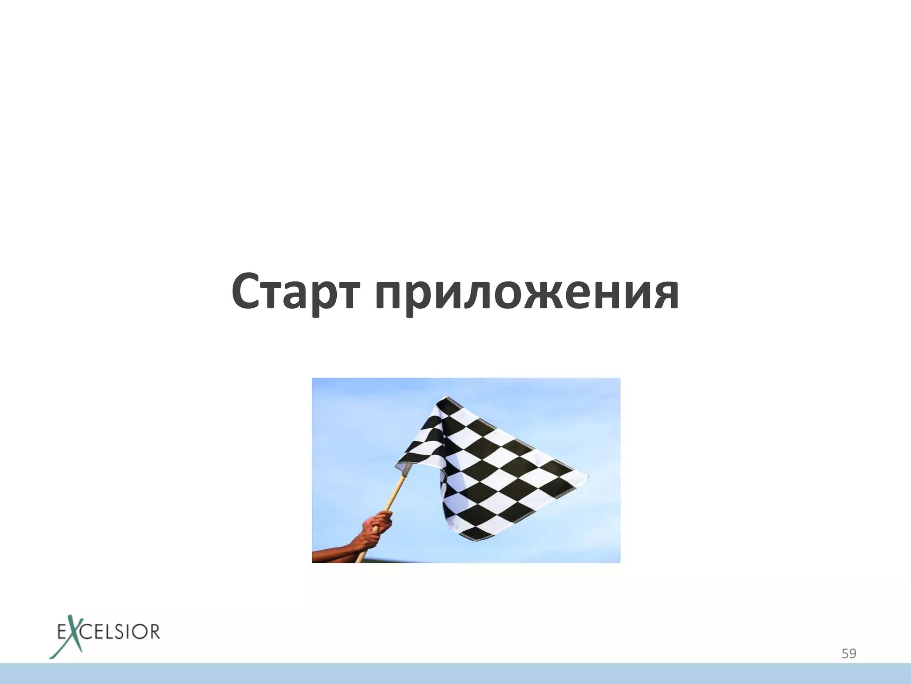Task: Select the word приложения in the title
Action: tap(527, 294)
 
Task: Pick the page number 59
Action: tap(849, 654)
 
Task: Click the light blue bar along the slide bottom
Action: tap(455, 673)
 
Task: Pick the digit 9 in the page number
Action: tap(853, 654)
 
